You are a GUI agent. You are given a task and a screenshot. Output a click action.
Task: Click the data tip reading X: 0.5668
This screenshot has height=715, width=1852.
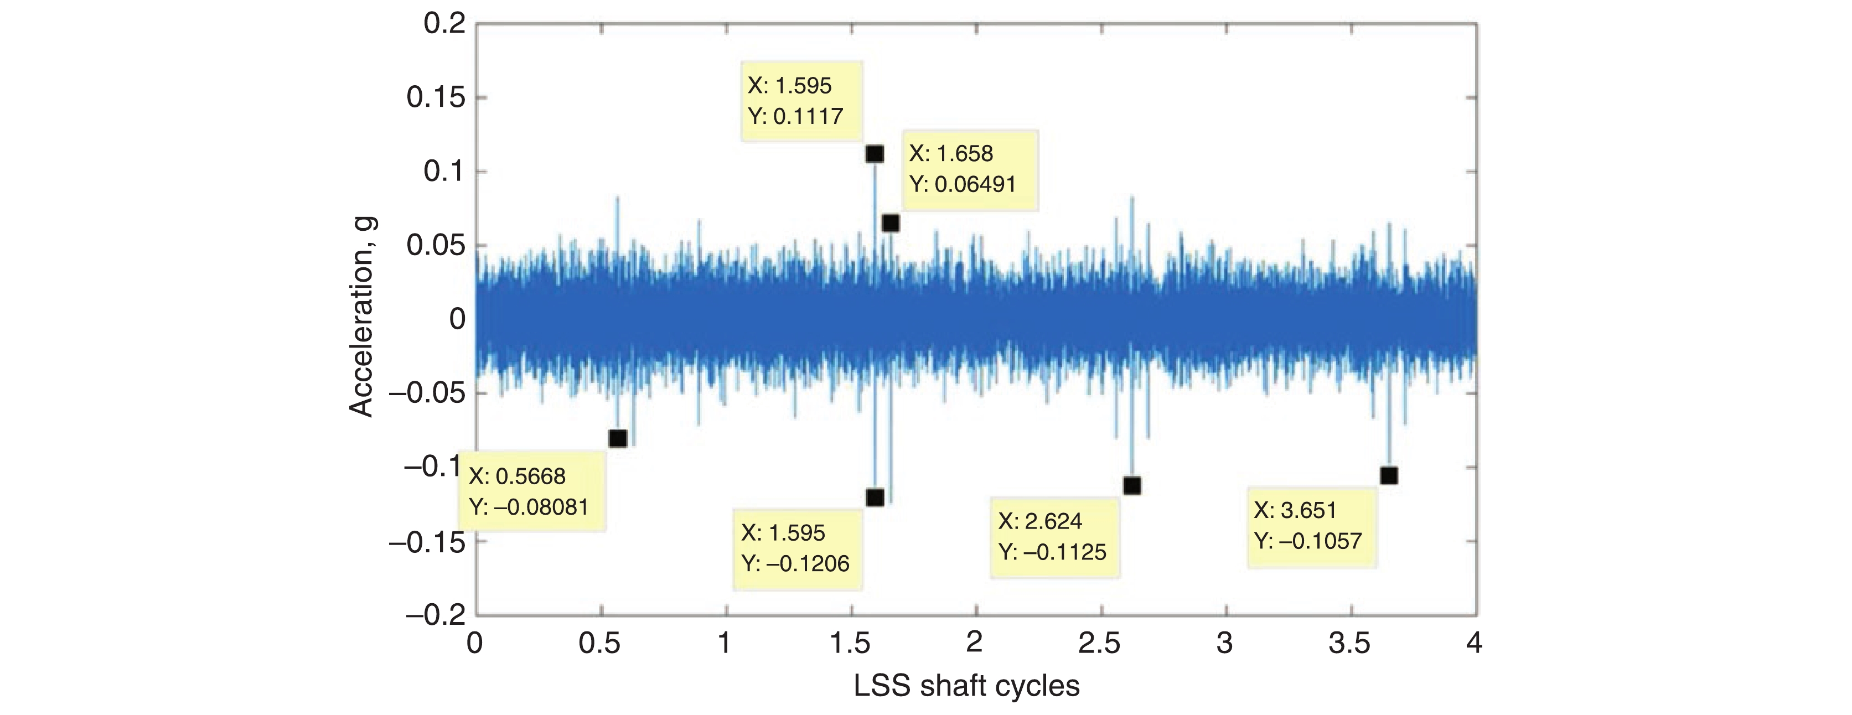coord(531,491)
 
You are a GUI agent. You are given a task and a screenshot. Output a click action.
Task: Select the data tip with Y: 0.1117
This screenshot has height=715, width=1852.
coord(801,101)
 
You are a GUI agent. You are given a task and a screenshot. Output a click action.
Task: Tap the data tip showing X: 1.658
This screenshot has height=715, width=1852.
coord(969,169)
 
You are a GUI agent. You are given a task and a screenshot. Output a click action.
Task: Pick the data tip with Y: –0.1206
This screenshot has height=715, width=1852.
coord(796,548)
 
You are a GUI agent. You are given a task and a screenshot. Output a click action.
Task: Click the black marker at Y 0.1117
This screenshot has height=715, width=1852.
coord(874,154)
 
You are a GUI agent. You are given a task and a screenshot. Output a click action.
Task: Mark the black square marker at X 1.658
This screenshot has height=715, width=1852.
coord(891,224)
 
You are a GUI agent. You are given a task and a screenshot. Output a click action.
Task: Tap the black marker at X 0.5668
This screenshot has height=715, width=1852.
coord(618,438)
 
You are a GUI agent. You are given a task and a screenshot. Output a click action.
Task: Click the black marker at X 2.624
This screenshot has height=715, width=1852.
coord(1131,486)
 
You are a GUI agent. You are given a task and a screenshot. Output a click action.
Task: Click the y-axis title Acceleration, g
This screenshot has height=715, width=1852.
coord(361,317)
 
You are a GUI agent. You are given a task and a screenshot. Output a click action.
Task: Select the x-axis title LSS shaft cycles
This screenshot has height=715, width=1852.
coord(966,686)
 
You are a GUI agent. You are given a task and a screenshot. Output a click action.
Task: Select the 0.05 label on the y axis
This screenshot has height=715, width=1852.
coord(436,246)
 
